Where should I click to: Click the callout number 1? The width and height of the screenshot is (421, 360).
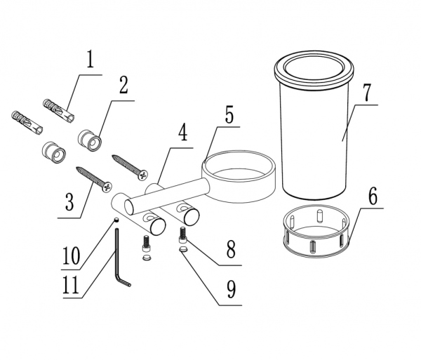91,59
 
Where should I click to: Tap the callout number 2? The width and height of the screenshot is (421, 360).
123,85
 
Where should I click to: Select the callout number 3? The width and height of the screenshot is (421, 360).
69,202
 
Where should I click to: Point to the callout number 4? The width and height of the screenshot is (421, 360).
183,132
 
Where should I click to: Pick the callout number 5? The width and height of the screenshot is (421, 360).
229,114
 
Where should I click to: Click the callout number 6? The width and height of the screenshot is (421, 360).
373,196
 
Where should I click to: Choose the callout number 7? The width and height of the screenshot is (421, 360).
367,92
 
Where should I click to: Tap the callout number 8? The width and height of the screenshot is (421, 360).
231,249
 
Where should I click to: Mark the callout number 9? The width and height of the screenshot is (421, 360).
231,289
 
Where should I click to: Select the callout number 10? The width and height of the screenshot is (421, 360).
72,256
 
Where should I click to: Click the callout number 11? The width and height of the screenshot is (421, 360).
71,285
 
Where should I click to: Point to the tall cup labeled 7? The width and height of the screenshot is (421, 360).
314,125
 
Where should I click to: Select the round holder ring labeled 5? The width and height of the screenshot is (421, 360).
239,176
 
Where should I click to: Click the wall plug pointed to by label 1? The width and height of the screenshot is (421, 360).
58,111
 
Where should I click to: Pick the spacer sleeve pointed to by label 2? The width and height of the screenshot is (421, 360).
89,140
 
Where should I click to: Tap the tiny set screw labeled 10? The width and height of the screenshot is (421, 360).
116,220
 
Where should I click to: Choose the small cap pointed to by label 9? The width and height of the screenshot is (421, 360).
183,249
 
